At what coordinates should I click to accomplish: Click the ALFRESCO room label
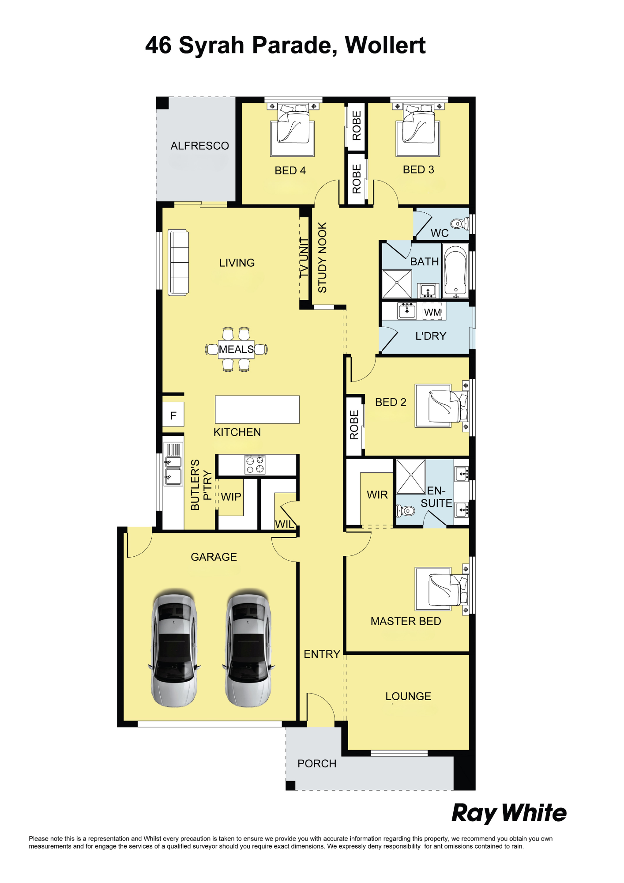coord(199,146)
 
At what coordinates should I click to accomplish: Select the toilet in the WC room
coord(460,223)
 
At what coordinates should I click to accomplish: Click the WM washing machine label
coord(432,312)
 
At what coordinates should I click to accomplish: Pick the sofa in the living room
coord(178,262)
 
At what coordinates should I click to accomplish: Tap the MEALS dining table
coord(236,349)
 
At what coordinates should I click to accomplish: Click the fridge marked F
coord(173,415)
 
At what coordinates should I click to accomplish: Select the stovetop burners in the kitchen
coord(255,464)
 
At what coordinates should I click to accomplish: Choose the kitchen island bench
coord(257,409)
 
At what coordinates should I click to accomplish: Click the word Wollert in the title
coord(385,45)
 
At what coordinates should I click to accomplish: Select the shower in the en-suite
coord(411,476)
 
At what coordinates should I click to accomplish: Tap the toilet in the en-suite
coord(406,511)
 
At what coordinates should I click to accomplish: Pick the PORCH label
coord(317,763)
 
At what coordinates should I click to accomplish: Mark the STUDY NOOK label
coord(323,257)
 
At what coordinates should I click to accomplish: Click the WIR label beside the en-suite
coord(377,495)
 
